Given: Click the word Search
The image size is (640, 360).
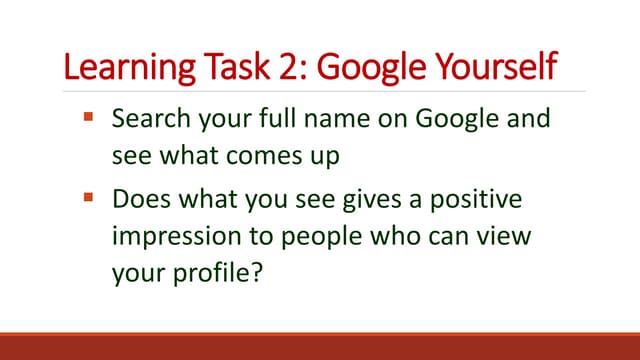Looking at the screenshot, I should point(149,120).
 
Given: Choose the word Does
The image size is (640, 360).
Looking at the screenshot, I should point(139,199).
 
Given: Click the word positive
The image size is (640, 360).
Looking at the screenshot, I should point(478,199).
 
